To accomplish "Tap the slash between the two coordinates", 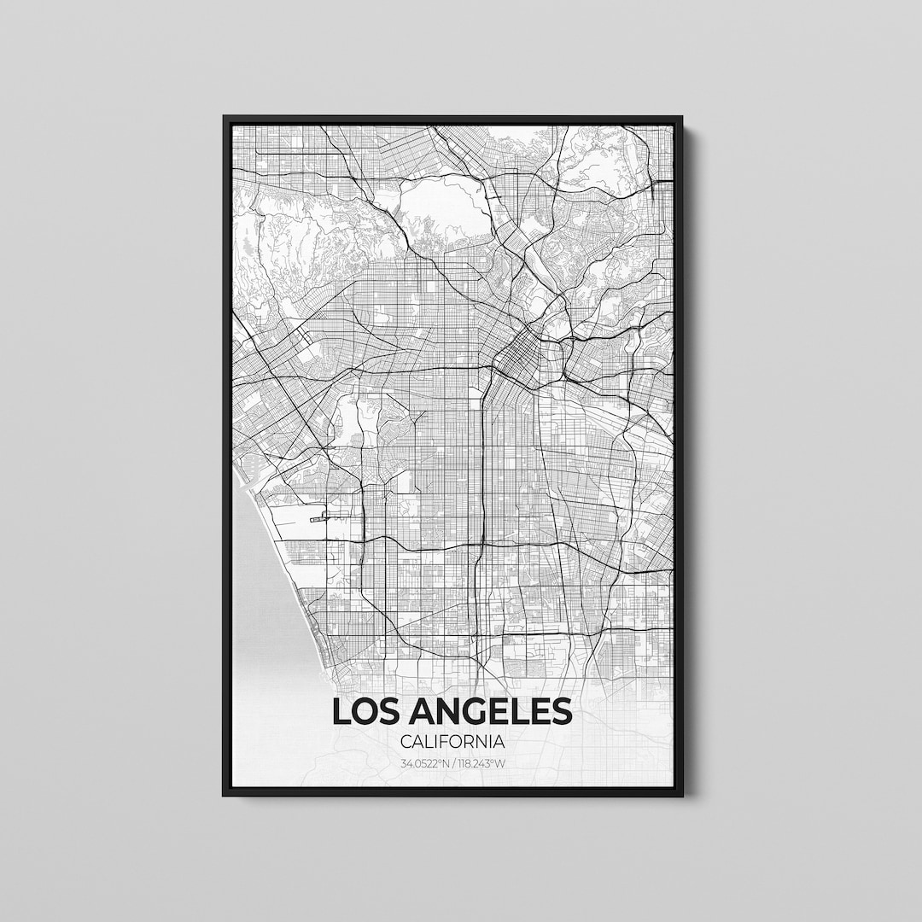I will click(x=453, y=763).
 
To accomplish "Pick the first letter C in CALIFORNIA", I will click(x=406, y=743).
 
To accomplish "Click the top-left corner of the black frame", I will click(x=225, y=117).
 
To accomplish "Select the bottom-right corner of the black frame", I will click(x=681, y=795).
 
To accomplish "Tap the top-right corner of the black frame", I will click(x=681, y=117).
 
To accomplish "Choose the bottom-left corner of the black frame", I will click(x=225, y=795).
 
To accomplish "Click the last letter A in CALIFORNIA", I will click(x=499, y=743).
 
